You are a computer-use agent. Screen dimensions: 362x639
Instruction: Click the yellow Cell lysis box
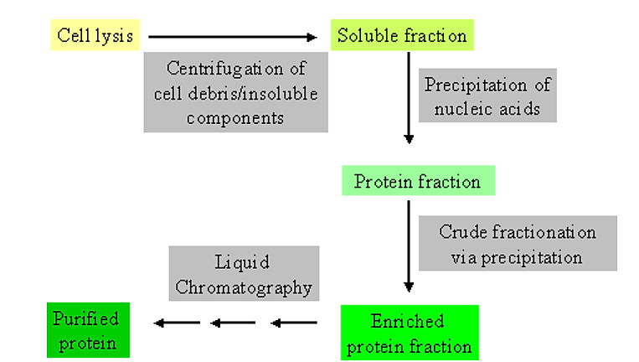pos(95,36)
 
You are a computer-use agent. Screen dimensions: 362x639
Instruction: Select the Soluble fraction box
pos(403,36)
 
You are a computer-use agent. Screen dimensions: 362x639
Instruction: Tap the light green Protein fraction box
pos(417,182)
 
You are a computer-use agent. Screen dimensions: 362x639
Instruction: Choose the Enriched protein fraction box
pos(410,333)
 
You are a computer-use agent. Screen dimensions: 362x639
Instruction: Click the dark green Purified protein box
pos(86,330)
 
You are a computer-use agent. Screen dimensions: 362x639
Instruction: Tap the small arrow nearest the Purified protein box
pos(177,323)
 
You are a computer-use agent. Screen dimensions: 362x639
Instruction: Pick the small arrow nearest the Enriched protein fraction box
pos(294,323)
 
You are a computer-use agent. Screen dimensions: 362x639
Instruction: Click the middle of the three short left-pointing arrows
pos(234,323)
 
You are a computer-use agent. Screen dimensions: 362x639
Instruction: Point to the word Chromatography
pos(244,287)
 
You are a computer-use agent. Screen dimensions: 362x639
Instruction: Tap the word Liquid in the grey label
pos(244,263)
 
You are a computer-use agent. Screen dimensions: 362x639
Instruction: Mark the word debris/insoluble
pos(254,92)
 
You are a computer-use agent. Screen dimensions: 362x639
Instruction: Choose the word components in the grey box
pos(235,116)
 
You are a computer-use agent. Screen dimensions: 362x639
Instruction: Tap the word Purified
pos(86,318)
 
